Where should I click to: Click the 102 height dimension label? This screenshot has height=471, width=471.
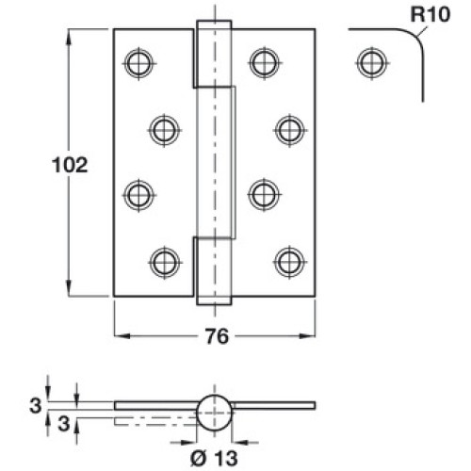click(x=70, y=165)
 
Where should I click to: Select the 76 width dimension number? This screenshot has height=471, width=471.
click(x=218, y=336)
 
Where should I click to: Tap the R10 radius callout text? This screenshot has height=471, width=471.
click(x=430, y=14)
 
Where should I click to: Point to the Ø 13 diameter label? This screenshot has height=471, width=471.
click(x=214, y=458)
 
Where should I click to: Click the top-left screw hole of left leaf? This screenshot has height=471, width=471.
click(x=138, y=63)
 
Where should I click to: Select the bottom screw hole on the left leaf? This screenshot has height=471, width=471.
click(x=165, y=263)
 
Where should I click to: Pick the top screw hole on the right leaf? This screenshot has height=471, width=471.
click(x=265, y=63)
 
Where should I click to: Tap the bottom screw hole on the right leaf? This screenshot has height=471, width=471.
click(x=289, y=262)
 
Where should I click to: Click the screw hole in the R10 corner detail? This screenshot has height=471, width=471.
click(x=372, y=63)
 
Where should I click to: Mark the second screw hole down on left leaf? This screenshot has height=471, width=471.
click(x=165, y=130)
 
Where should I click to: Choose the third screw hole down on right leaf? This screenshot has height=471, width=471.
click(x=264, y=195)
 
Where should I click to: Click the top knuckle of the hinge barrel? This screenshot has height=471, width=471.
click(x=214, y=54)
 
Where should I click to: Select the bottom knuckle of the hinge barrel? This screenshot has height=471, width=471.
click(x=214, y=271)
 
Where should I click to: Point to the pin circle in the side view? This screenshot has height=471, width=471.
click(x=214, y=413)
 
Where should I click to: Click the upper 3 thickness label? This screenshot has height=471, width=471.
click(x=35, y=405)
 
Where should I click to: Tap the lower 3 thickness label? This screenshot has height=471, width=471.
click(x=64, y=423)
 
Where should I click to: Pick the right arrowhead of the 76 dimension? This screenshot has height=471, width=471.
click(x=306, y=336)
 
